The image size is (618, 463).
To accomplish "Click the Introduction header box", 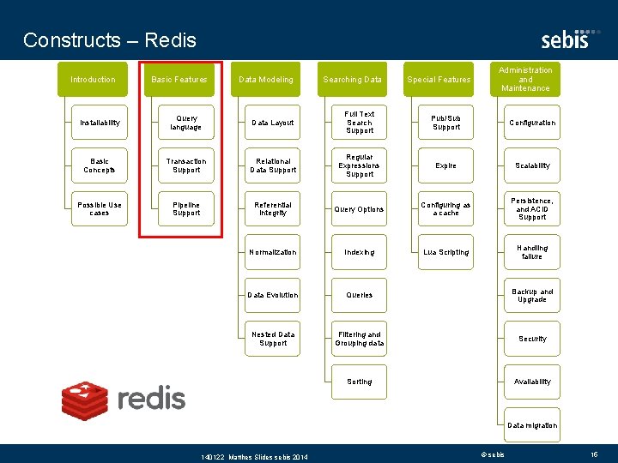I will (93, 80).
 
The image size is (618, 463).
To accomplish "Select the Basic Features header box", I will (179, 80).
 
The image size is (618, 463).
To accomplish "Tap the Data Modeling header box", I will (266, 80).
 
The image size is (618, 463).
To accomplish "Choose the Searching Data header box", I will (353, 80).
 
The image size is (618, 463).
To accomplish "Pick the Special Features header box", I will (439, 80).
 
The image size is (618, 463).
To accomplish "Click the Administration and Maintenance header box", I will (526, 79).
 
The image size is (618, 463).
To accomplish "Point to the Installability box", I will (100, 123).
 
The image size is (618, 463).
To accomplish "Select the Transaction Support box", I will (186, 165).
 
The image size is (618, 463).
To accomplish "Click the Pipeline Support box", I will (186, 209).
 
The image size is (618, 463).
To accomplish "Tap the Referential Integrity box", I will (273, 209).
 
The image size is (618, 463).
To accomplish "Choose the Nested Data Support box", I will (273, 339).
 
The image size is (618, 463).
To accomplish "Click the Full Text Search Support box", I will (360, 123).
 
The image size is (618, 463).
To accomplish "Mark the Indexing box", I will (360, 252).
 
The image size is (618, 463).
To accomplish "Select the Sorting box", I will (360, 382).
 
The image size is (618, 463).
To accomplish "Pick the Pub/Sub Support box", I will (446, 123).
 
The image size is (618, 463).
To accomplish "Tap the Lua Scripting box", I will (446, 252).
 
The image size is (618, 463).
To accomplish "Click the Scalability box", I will (532, 165).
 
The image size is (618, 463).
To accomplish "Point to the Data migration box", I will (532, 425).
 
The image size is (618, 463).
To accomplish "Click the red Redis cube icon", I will (85, 399).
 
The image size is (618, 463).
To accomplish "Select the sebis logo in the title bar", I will (565, 39).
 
